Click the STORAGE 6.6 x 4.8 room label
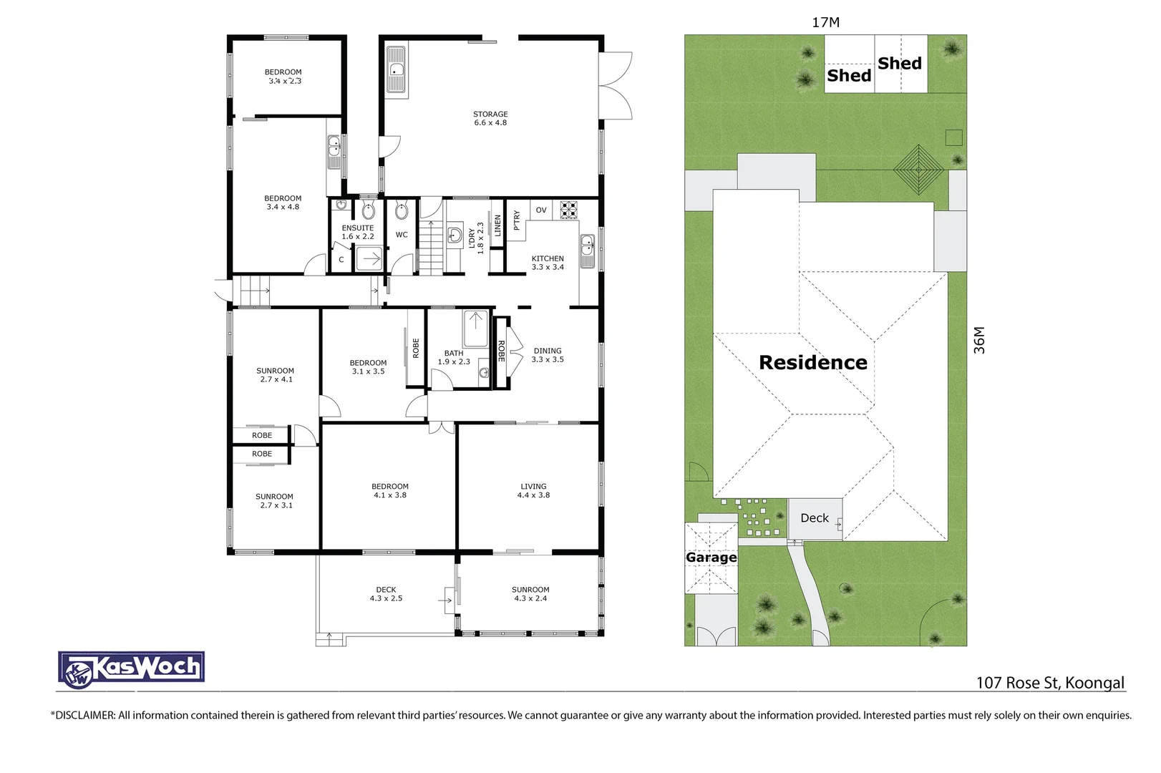[490, 119]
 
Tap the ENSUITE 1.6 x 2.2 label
[357, 232]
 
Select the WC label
[402, 235]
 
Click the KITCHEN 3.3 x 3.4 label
[548, 263]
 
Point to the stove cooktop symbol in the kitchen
[568, 210]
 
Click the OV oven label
[541, 210]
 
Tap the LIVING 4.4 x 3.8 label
[533, 490]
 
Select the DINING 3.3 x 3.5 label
[548, 355]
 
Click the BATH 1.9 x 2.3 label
[454, 357]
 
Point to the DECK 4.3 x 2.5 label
[386, 594]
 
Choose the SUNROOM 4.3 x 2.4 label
[530, 594]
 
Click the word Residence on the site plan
[812, 363]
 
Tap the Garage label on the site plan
[711, 557]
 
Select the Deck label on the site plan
[814, 518]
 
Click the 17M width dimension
[825, 22]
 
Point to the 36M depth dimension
[979, 340]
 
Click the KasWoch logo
[132, 669]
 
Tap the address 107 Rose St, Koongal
[1050, 683]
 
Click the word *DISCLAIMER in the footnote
[83, 715]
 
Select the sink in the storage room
[396, 70]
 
